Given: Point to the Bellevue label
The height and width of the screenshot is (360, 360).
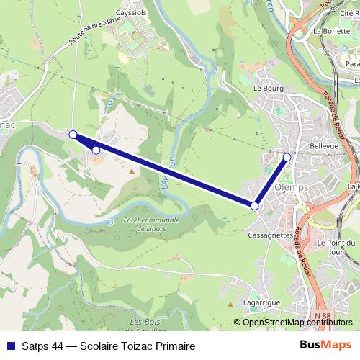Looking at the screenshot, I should click(x=323, y=145).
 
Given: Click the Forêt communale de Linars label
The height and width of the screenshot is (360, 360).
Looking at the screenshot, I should click(x=151, y=224).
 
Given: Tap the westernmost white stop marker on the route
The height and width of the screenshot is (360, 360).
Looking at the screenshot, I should click(x=73, y=134).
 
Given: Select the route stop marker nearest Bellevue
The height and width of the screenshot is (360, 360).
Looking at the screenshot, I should click(x=287, y=156).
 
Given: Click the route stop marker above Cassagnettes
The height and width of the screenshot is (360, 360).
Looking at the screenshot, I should click(x=255, y=206).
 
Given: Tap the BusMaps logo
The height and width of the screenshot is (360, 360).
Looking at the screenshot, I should click(x=325, y=346).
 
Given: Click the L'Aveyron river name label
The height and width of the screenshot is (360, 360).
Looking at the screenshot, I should click(x=168, y=173).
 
